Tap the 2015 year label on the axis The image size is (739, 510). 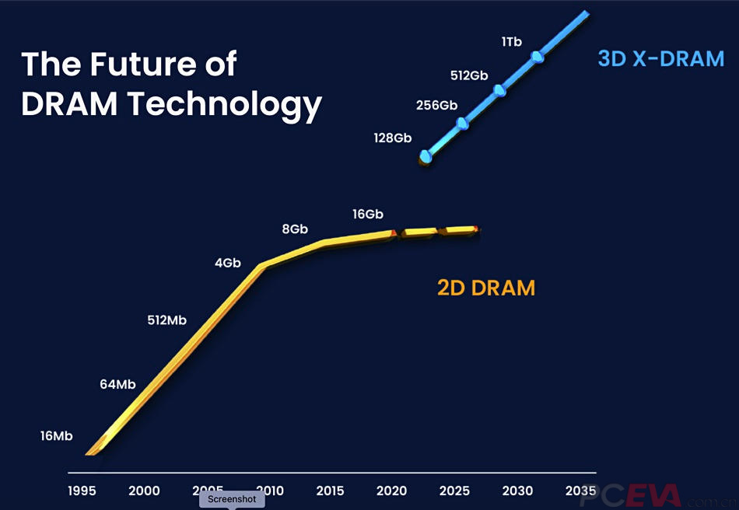pos(331,491)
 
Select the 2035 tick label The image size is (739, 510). pos(581,491)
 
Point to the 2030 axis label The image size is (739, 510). pos(518,491)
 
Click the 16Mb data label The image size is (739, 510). pos(56,436)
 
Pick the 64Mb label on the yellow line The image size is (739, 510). pos(117,384)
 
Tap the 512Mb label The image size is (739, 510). pos(166,320)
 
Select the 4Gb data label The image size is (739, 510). pos(228,263)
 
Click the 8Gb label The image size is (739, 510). pos(295,229)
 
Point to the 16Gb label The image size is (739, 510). pos(368,214)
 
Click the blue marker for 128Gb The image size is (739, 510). pos(426,156)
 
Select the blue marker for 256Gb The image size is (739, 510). pos(462,123)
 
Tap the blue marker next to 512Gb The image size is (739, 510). pos(499,90)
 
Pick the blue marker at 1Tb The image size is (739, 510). pos(537,57)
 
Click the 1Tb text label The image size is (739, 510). pos(511,41)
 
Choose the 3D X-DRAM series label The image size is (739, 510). pos(660,58)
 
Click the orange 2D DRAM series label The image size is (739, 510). pos(486,288)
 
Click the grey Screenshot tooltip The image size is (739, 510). pos(232,499)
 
